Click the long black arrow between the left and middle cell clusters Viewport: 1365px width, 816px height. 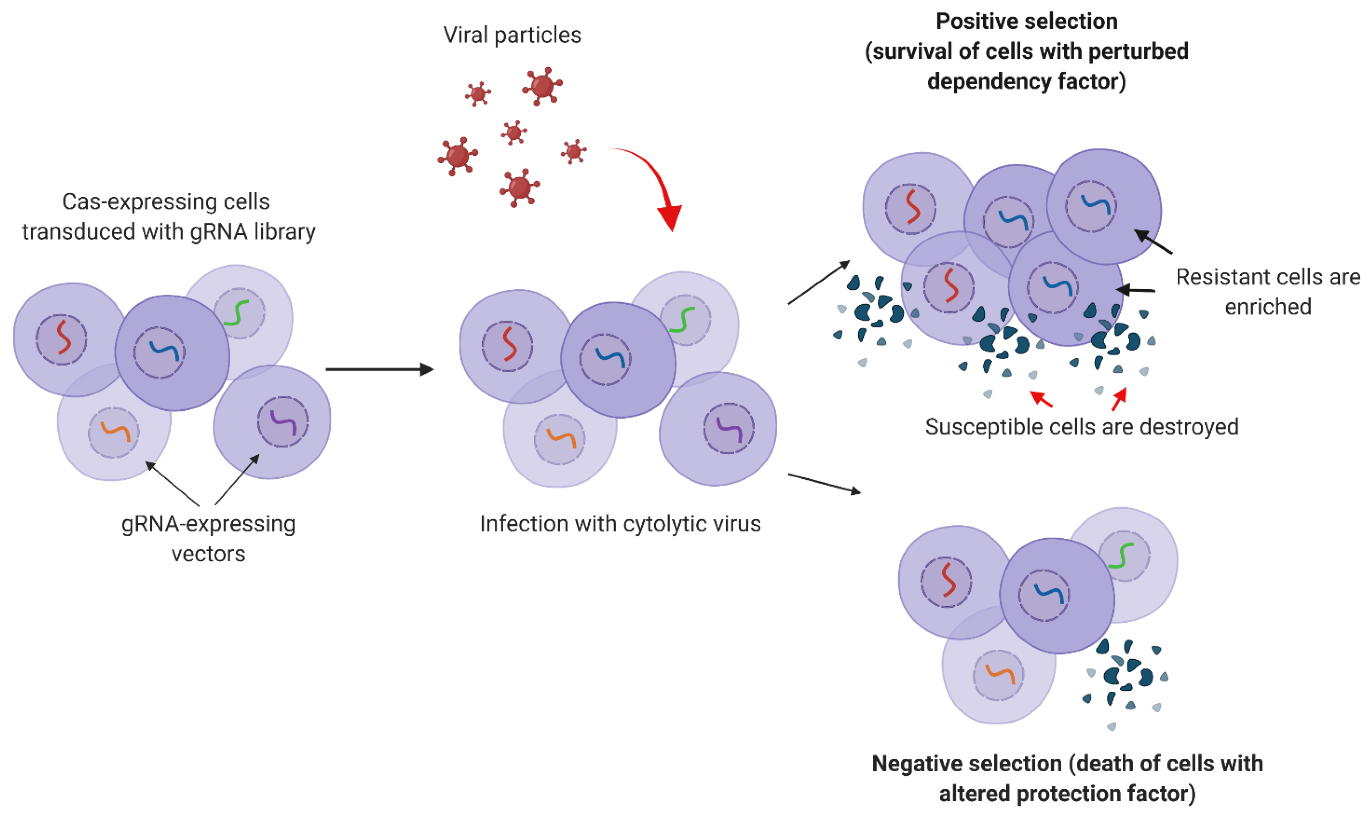tap(379, 369)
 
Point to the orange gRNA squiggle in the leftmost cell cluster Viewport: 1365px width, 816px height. tap(114, 432)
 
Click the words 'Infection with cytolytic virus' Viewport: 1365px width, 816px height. tap(620, 523)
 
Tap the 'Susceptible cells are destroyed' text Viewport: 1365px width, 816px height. tap(1081, 427)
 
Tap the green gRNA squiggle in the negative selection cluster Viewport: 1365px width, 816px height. tap(1121, 555)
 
